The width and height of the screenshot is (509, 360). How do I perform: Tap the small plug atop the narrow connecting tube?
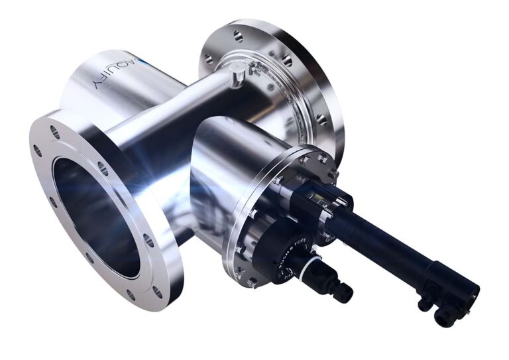click(234, 78)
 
